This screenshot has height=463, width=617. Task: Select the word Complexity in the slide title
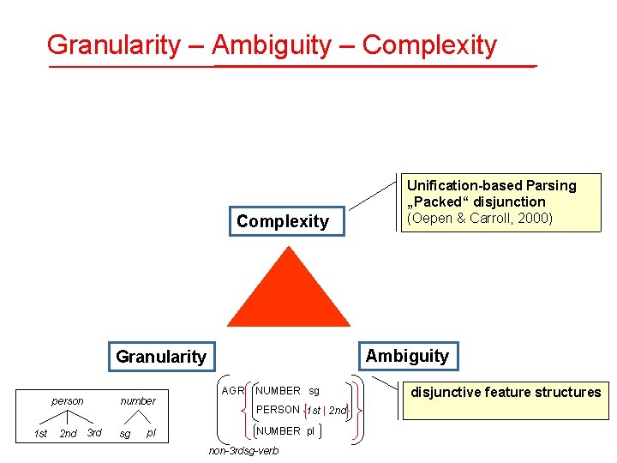[429, 45]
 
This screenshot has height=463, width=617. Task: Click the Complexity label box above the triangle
[283, 221]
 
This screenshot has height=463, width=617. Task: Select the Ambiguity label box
[407, 356]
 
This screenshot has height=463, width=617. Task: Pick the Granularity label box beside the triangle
[161, 357]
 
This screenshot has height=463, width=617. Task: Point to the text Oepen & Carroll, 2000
[481, 218]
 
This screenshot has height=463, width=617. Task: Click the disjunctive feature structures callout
[506, 393]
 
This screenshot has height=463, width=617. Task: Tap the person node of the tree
[68, 400]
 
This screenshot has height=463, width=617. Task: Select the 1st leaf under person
[40, 434]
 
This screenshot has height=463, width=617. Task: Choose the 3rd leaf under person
[94, 433]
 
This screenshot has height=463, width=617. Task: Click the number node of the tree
[138, 400]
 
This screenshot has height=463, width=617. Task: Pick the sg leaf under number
[125, 434]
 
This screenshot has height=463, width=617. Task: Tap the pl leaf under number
[152, 433]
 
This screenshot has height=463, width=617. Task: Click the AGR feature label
[233, 391]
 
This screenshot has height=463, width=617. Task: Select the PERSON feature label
[278, 410]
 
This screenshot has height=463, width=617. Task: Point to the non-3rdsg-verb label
[243, 452]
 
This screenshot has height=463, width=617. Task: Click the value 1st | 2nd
[327, 411]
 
